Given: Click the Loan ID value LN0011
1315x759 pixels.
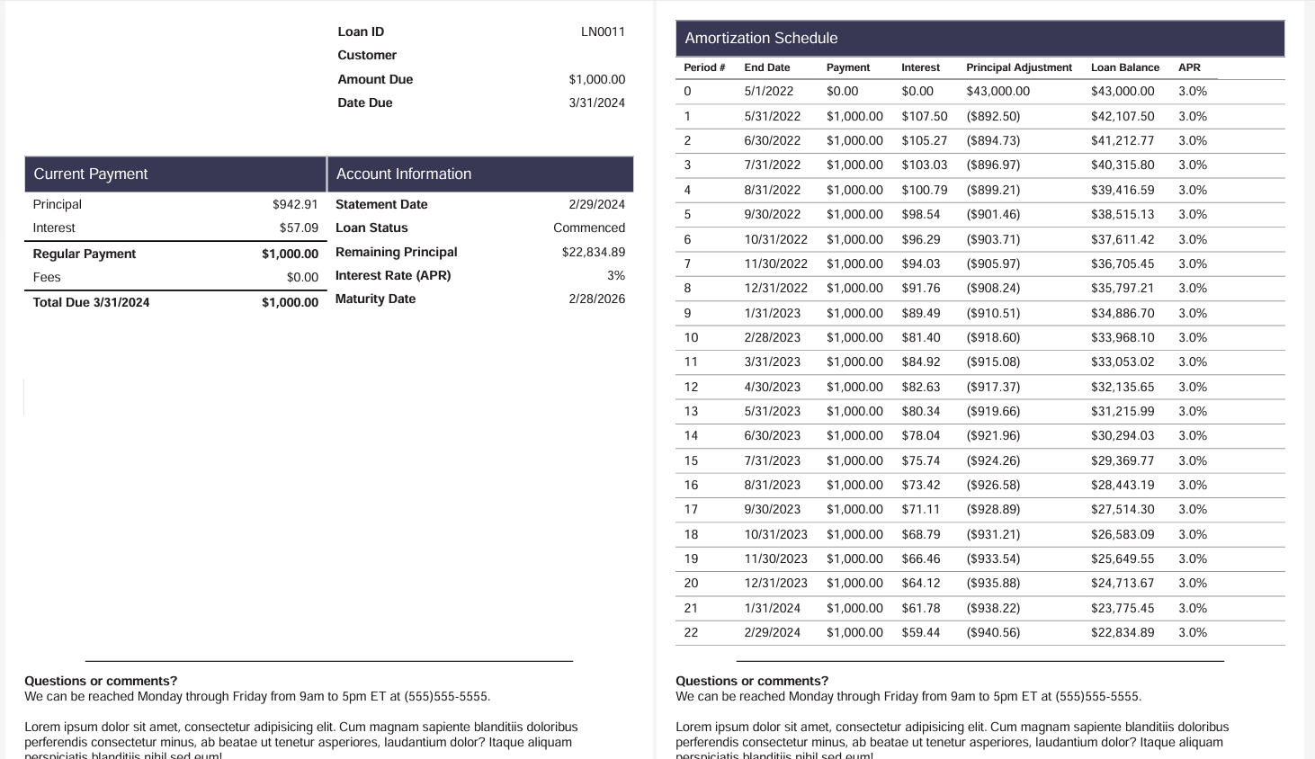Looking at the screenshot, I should click(x=603, y=31).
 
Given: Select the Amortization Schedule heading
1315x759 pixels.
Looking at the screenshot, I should click(x=761, y=39).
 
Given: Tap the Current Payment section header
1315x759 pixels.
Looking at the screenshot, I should click(x=91, y=174).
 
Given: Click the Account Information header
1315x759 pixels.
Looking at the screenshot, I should click(x=404, y=174).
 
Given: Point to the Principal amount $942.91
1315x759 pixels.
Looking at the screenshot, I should click(x=295, y=205).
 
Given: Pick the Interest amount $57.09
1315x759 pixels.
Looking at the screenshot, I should click(x=299, y=228).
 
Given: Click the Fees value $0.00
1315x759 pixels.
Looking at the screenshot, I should click(x=302, y=278).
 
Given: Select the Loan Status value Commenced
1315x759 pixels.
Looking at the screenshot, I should click(x=589, y=228).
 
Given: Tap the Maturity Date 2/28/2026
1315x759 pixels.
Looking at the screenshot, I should click(x=596, y=299).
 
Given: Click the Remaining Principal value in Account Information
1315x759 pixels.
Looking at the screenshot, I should click(x=593, y=253).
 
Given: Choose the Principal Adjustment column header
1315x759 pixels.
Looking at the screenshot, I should click(x=1019, y=67).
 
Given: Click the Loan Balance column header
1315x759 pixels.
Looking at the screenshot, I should click(x=1125, y=67).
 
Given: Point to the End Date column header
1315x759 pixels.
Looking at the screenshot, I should click(x=767, y=67).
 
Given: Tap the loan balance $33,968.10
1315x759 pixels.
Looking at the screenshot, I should click(x=1123, y=338).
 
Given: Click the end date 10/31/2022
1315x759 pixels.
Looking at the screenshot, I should click(x=776, y=240).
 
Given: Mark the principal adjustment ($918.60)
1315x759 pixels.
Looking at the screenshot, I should click(x=993, y=338).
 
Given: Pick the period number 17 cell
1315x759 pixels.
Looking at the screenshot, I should click(x=691, y=510).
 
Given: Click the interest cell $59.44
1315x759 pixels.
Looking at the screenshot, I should click(x=921, y=633).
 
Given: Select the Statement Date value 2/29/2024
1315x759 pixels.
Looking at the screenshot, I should click(x=596, y=205).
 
